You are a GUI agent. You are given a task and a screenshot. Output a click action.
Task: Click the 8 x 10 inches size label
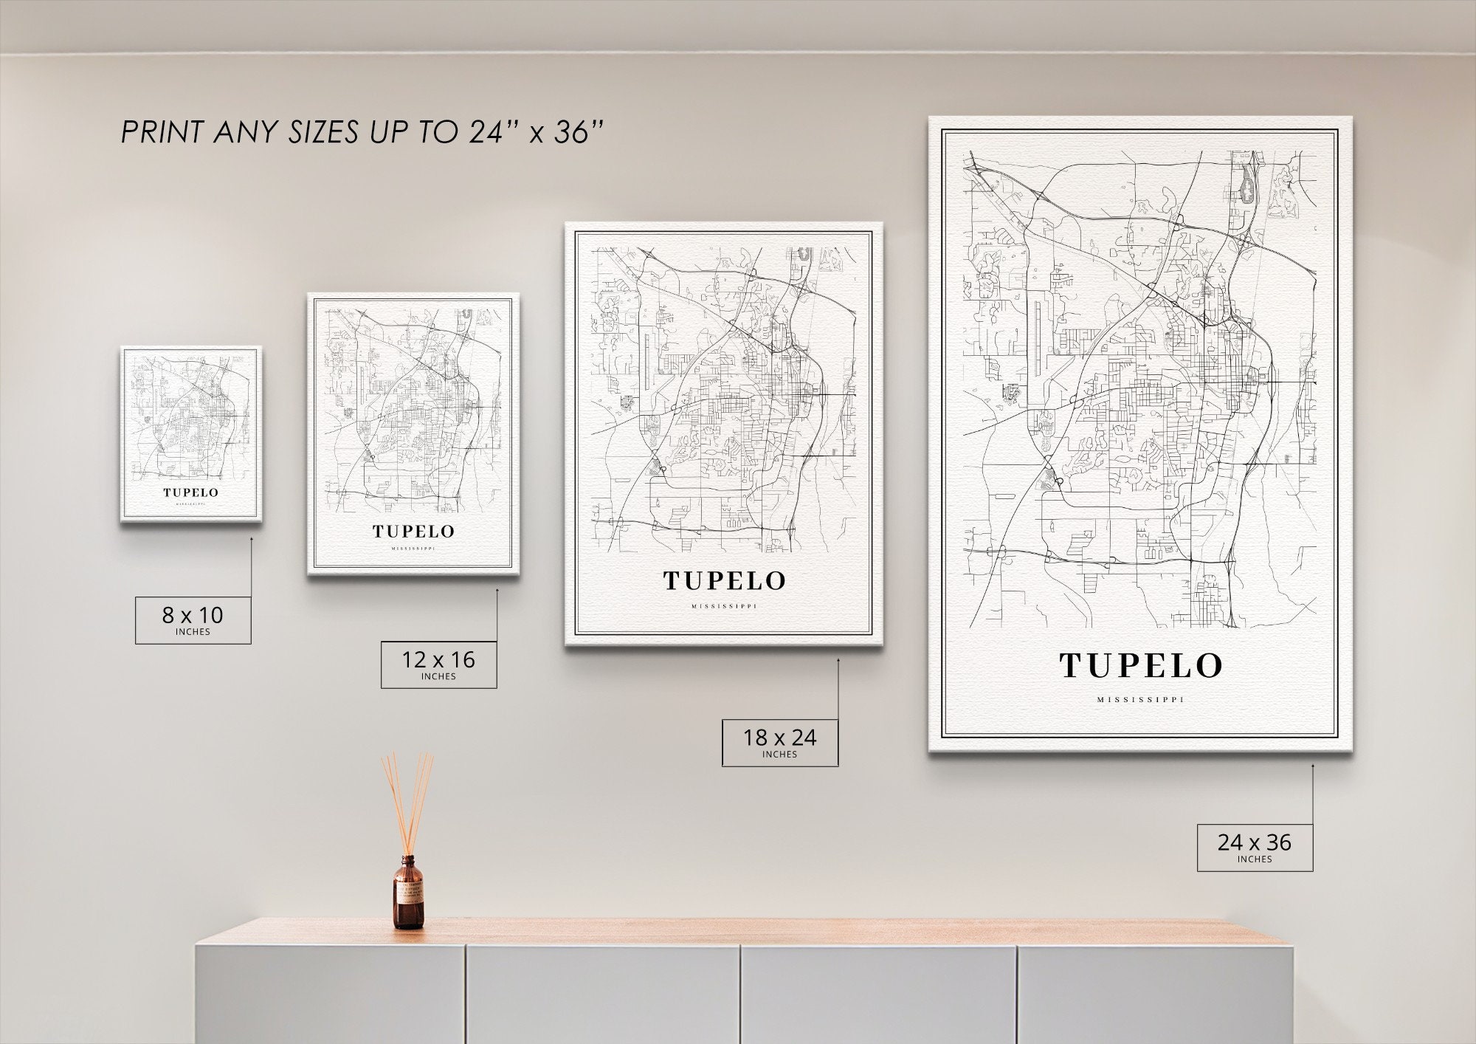click(x=193, y=619)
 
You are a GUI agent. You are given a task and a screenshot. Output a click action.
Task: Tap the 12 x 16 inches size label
click(x=438, y=664)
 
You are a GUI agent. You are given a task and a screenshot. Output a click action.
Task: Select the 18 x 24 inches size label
click(x=779, y=742)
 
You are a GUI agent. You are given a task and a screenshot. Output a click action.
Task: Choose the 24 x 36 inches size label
click(x=1255, y=847)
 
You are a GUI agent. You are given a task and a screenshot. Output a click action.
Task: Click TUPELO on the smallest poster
click(x=191, y=492)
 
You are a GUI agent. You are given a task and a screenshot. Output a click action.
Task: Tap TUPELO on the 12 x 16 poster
click(x=413, y=532)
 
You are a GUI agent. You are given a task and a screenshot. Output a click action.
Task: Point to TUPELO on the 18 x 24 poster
click(x=724, y=581)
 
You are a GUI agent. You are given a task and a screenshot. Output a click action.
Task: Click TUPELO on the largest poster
click(x=1141, y=666)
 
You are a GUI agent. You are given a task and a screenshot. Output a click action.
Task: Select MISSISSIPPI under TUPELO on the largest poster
click(x=1140, y=700)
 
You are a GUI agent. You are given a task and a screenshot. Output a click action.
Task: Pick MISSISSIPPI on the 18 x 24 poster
click(x=724, y=607)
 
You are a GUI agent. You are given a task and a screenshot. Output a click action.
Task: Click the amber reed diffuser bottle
click(x=408, y=895)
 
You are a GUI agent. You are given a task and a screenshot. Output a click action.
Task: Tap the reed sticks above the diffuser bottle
click(x=407, y=801)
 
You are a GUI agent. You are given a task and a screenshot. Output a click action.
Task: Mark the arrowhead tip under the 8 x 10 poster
click(x=251, y=538)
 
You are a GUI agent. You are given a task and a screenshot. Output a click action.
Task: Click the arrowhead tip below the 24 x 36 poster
click(x=1313, y=766)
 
